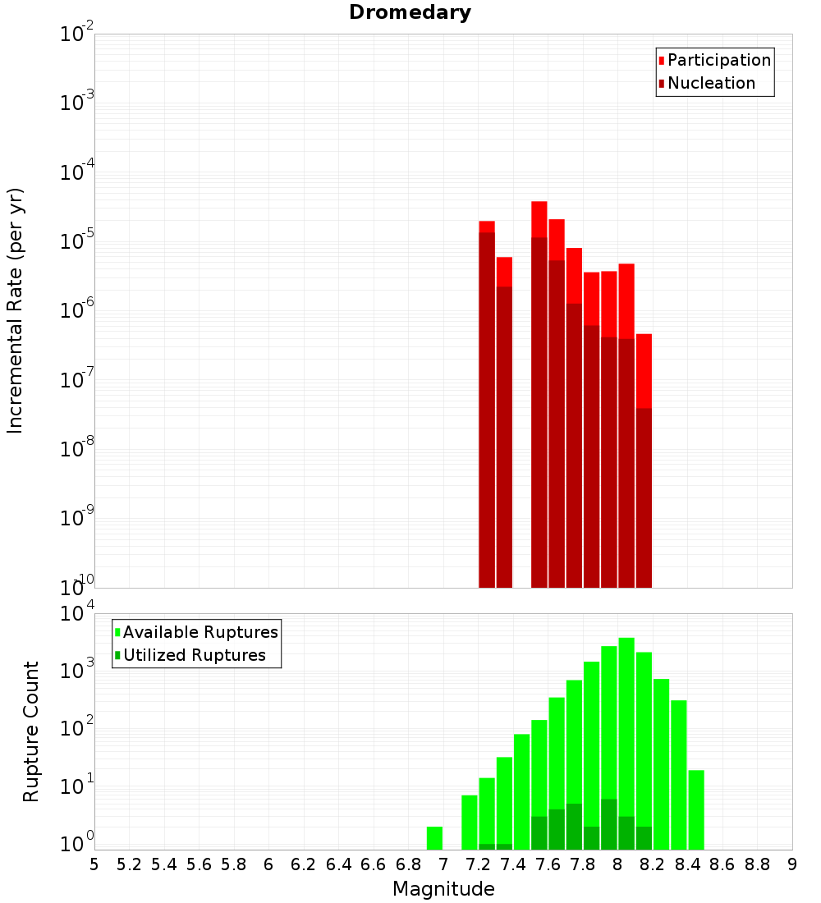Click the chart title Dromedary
[410, 12]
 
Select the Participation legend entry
[718, 60]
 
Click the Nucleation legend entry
[710, 83]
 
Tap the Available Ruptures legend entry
[200, 632]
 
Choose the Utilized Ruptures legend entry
[194, 655]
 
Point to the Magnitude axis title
[443, 889]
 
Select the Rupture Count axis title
[31, 731]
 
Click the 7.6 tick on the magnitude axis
[548, 864]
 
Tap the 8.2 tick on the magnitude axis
[653, 864]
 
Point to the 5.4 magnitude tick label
[164, 864]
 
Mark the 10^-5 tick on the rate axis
[77, 241]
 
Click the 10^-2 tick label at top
[77, 34]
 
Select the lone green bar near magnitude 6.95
[434, 838]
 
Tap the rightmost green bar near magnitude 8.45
[696, 809]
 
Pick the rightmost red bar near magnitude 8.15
[644, 460]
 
